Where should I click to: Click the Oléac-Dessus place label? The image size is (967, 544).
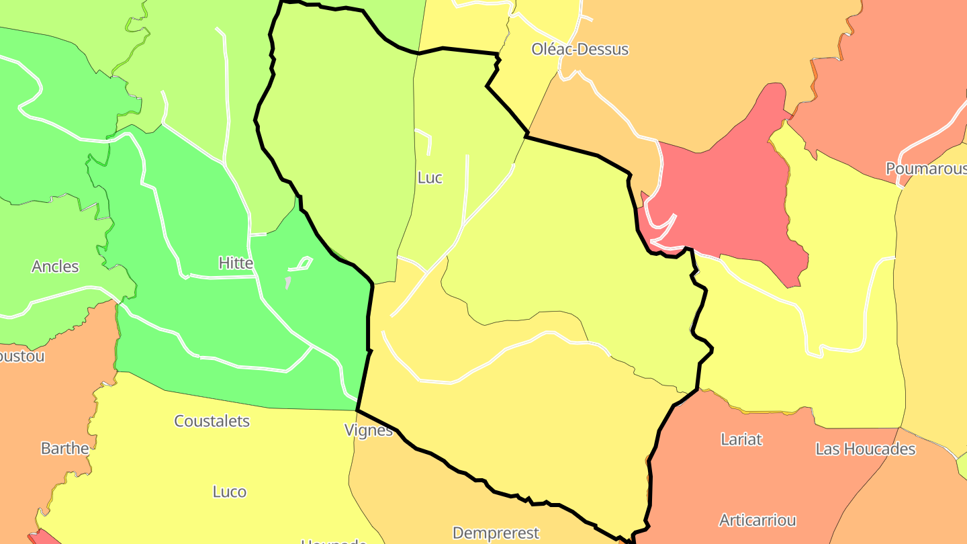pos(580,49)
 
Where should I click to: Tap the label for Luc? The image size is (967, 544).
pos(430,178)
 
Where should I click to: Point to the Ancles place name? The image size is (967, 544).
pos(55,267)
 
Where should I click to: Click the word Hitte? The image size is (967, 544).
pos(236,263)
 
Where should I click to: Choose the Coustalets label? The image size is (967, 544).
pos(212,422)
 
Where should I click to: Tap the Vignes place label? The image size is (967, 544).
pos(368,430)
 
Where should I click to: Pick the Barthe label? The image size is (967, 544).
pos(64,449)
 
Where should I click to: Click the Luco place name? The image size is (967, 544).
pos(230,492)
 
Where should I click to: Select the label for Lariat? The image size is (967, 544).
pos(741,440)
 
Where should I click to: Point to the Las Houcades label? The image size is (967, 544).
pos(866,449)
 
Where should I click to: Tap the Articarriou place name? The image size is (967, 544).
pos(757,520)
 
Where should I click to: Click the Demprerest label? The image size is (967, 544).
pos(496,533)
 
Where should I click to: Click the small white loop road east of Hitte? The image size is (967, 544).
pos(302,264)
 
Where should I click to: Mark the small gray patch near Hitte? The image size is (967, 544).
pos(287,283)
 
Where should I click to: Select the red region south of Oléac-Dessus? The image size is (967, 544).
pos(725,195)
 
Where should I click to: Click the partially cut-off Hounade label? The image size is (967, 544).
pos(334,541)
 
